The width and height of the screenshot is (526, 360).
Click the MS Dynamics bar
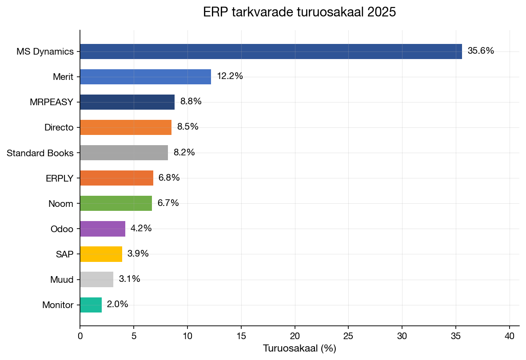pyautogui.click(x=271, y=51)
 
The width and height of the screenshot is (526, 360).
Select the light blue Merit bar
pyautogui.click(x=145, y=77)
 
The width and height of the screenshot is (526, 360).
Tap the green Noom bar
pyautogui.click(x=116, y=203)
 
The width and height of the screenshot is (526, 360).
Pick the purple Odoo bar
pyautogui.click(x=103, y=229)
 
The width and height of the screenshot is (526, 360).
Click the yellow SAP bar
pyautogui.click(x=101, y=254)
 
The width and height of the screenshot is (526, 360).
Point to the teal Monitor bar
pyautogui.click(x=91, y=305)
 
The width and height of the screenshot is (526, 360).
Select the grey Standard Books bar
pyautogui.click(x=124, y=153)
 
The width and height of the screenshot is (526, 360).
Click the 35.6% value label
pyautogui.click(x=481, y=51)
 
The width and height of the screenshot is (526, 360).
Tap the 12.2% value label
pyautogui.click(x=230, y=76)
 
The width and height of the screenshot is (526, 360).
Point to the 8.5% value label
pyautogui.click(x=187, y=127)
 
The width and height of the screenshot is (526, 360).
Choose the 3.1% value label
pyautogui.click(x=129, y=279)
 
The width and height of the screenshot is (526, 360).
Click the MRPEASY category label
pyautogui.click(x=52, y=102)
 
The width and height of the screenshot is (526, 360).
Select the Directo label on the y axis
pyautogui.click(x=59, y=128)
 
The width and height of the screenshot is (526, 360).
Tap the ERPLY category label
pyautogui.click(x=60, y=178)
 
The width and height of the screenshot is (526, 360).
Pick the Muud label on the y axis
pyautogui.click(x=62, y=280)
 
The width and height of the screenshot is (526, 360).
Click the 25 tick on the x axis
pyautogui.click(x=348, y=336)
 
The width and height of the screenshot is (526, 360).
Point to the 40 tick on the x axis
pyautogui.click(x=510, y=336)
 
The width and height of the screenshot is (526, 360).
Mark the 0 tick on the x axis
pyautogui.click(x=80, y=336)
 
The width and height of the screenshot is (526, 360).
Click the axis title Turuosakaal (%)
pyautogui.click(x=299, y=348)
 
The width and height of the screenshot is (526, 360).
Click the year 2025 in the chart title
pyautogui.click(x=381, y=12)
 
